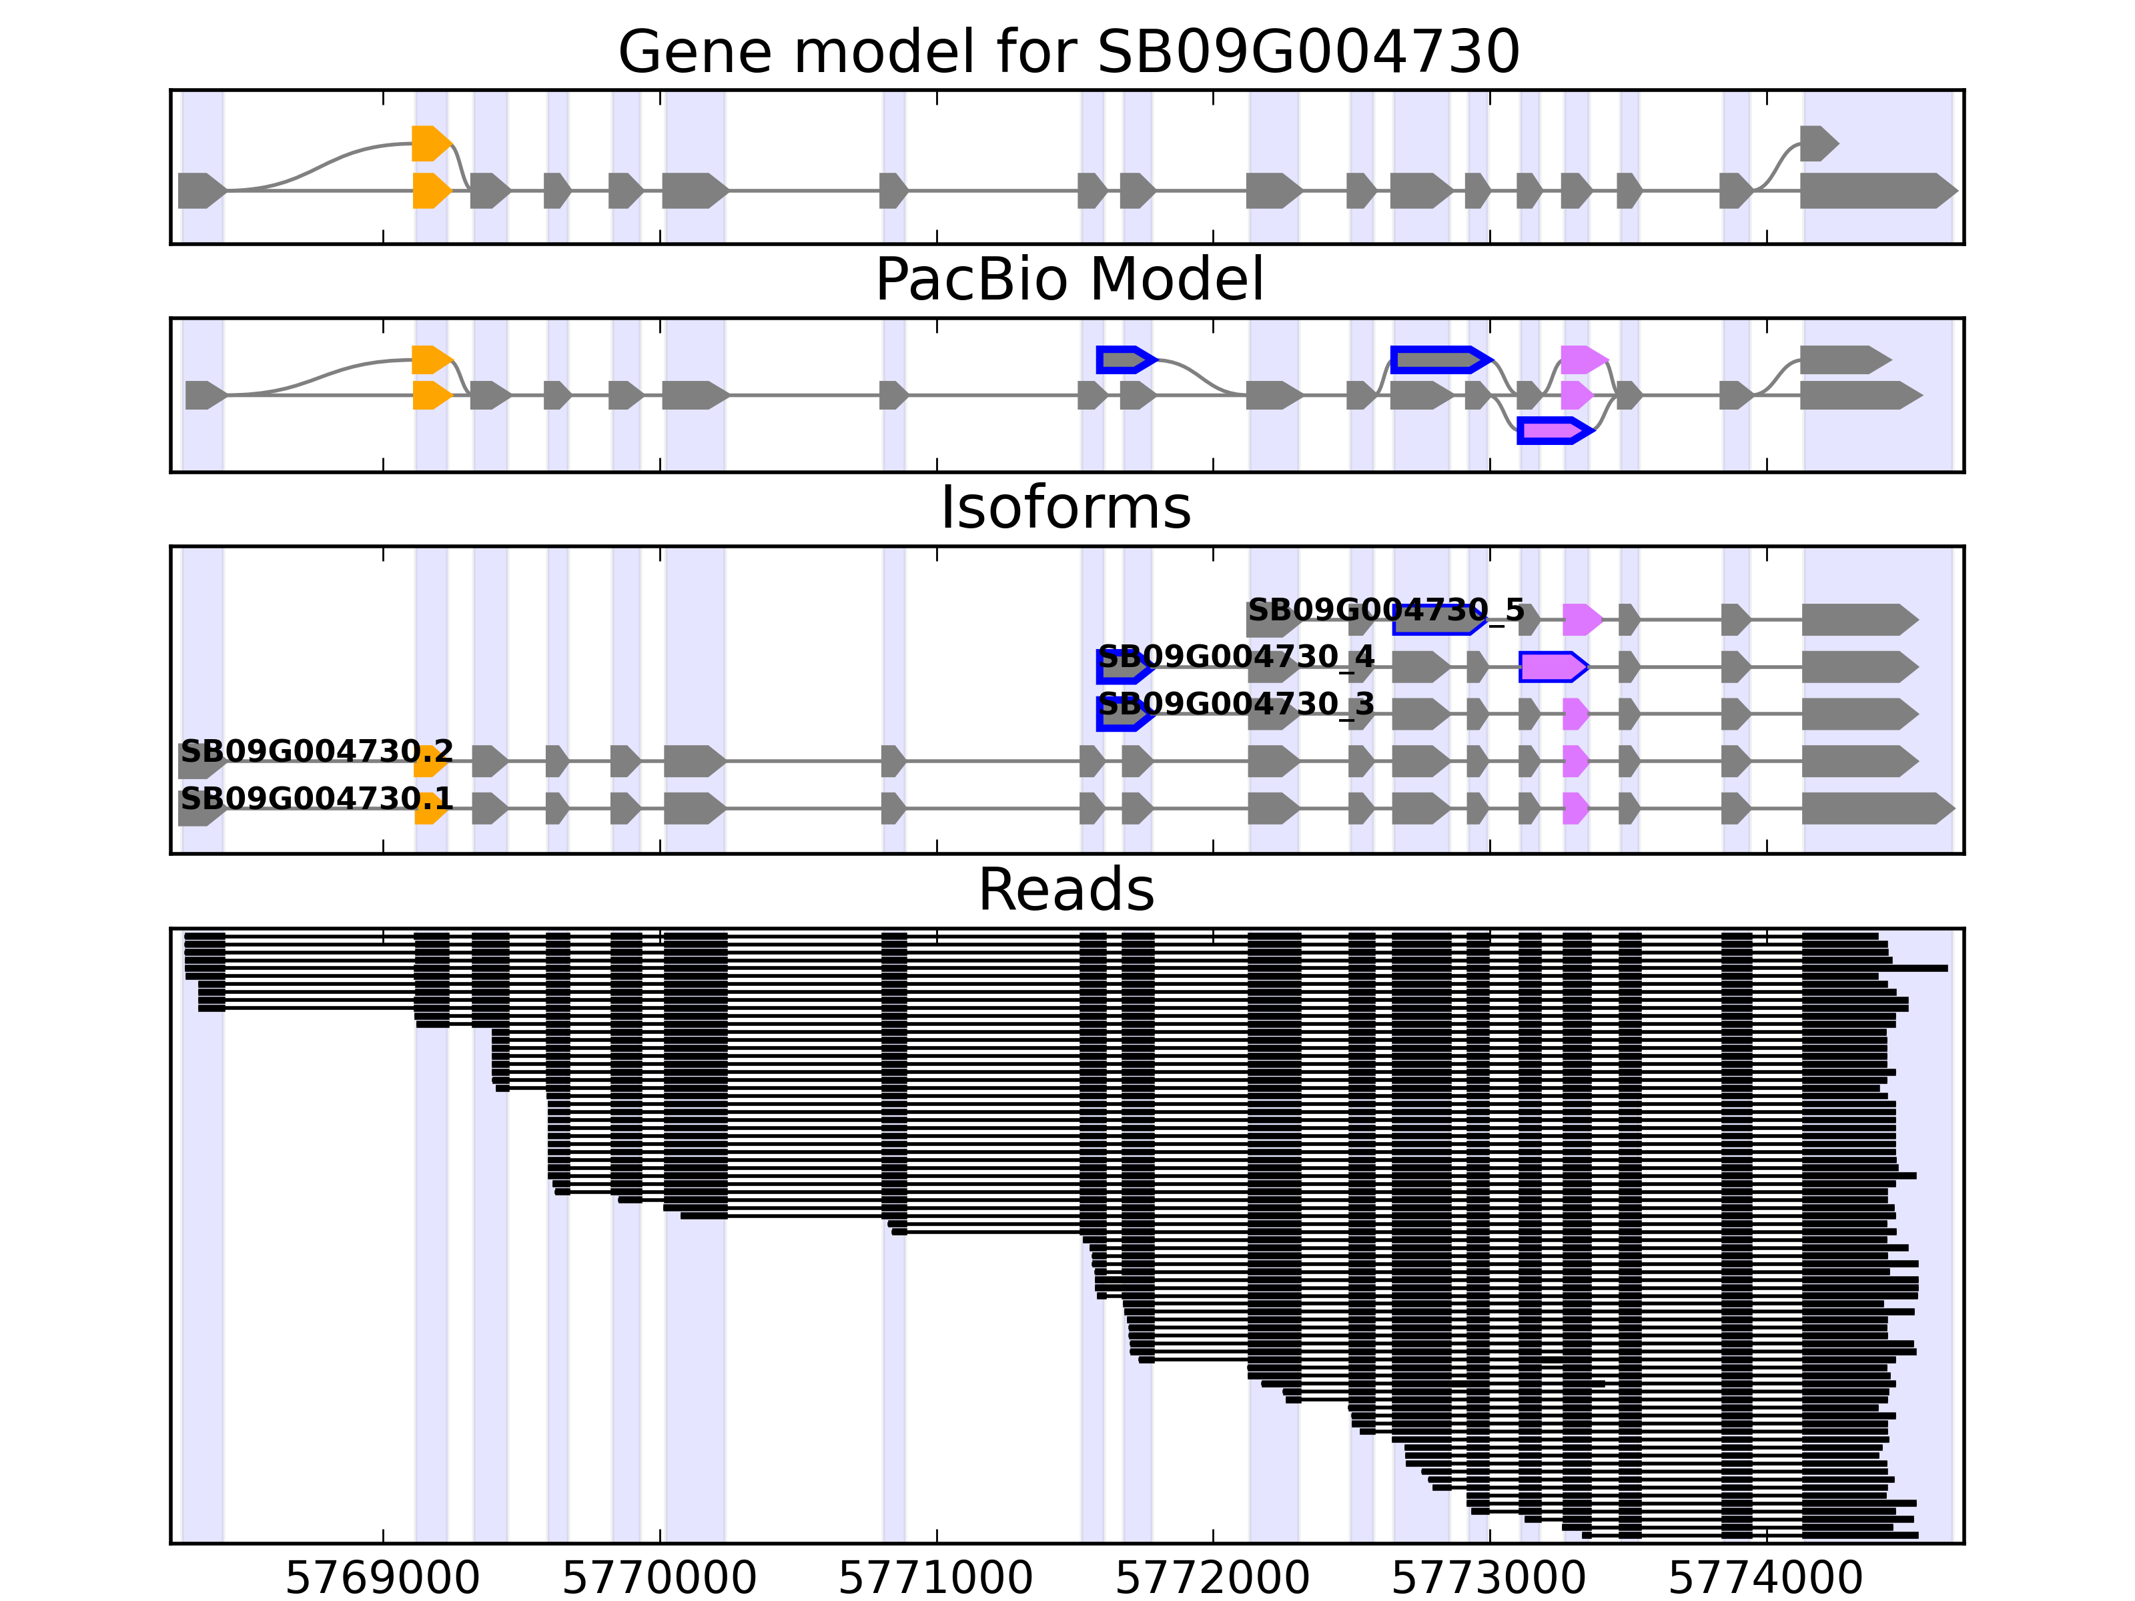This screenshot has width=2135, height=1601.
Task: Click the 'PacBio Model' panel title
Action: [1067, 280]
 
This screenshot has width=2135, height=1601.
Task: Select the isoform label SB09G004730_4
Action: [1236, 657]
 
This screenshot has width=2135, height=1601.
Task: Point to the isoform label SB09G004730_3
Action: [1236, 704]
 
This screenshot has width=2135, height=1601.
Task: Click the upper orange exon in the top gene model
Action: [430, 143]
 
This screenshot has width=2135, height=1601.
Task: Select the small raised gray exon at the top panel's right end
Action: [1817, 143]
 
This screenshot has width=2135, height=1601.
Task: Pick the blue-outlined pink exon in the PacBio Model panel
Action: [1552, 430]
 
